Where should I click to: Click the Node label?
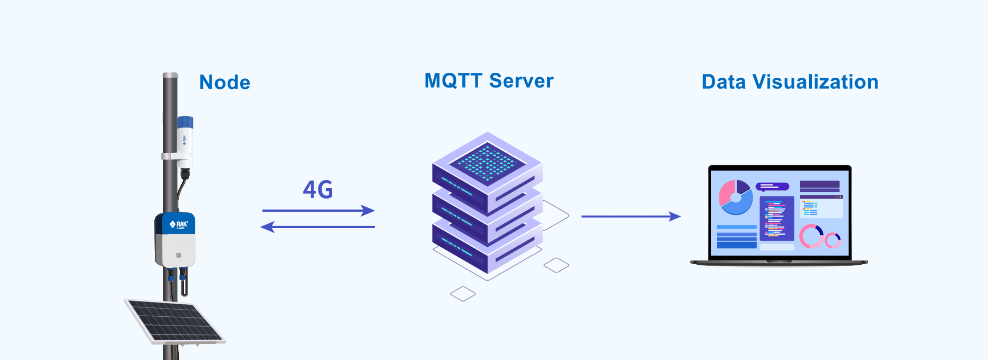tap(225, 83)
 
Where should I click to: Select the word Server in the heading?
tap(521, 81)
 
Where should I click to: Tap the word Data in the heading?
tap(724, 82)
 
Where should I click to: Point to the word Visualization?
tap(816, 82)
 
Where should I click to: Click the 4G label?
tap(318, 190)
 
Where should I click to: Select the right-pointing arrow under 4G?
tap(318, 211)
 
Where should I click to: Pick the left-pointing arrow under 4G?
tap(317, 227)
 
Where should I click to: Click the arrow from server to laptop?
tap(631, 217)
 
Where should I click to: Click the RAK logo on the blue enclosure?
tap(179, 224)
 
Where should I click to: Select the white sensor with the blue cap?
tap(184, 142)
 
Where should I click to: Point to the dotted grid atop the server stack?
tap(487, 161)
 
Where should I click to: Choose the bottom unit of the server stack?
tap(487, 246)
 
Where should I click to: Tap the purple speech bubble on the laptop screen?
tap(772, 187)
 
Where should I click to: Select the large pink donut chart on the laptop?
tap(811, 236)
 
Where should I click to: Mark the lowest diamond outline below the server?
tap(463, 294)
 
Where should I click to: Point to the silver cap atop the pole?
tap(170, 76)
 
